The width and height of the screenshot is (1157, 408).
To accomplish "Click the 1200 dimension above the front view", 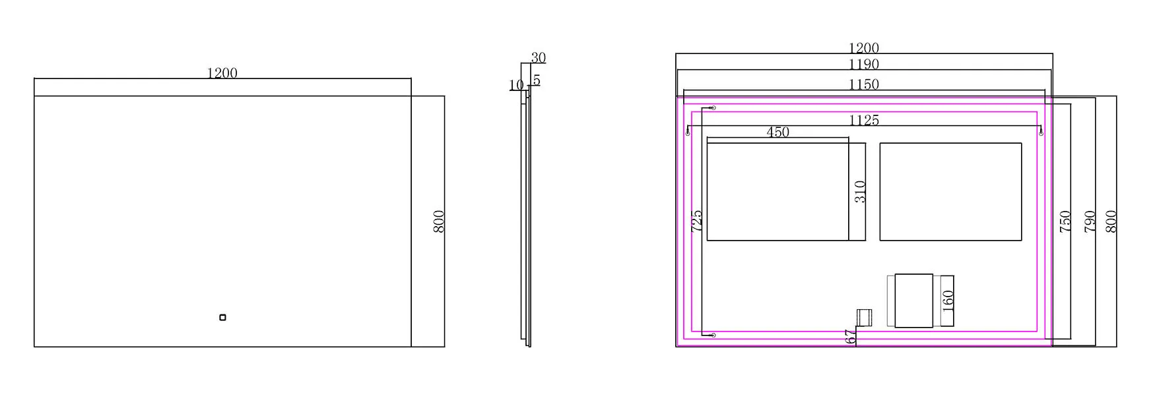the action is click(x=222, y=73).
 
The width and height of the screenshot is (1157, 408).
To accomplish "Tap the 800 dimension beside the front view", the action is click(x=439, y=221).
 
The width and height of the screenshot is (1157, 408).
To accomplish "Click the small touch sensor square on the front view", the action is click(x=222, y=318).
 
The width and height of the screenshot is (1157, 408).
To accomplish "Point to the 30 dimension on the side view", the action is click(x=539, y=58).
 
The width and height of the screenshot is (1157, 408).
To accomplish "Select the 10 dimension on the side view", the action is click(x=516, y=85).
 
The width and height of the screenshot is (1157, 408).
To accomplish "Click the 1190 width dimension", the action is click(x=864, y=65).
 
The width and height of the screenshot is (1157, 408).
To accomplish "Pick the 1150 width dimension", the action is click(x=864, y=84).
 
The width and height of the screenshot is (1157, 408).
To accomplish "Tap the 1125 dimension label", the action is click(x=864, y=120).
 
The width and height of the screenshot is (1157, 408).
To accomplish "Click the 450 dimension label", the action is click(x=778, y=132).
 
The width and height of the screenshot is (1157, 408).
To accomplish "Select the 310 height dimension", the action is click(x=860, y=192).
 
